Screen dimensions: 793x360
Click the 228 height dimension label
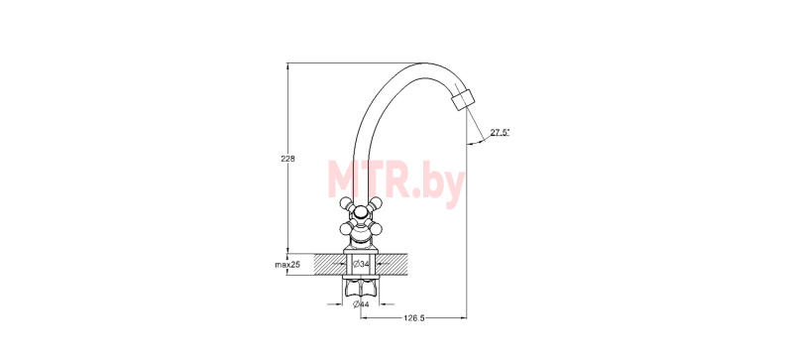click(287, 159)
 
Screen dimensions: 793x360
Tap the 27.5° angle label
click(501, 133)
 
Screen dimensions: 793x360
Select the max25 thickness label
click(287, 265)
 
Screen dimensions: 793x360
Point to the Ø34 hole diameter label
click(361, 264)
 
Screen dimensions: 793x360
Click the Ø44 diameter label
click(361, 304)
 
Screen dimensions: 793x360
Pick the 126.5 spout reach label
click(413, 318)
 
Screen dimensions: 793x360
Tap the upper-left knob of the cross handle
click(345, 203)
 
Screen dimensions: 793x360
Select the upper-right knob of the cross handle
click(376, 203)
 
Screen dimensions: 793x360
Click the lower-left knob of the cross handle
click(345, 230)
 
